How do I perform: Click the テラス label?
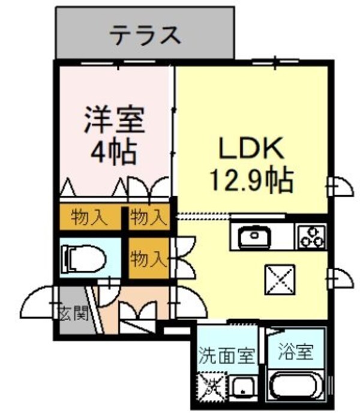(x=145, y=35)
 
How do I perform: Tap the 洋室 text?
(x=114, y=120)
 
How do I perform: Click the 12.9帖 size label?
(x=251, y=178)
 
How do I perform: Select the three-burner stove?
(x=311, y=236)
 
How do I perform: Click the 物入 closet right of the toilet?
(x=147, y=259)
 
